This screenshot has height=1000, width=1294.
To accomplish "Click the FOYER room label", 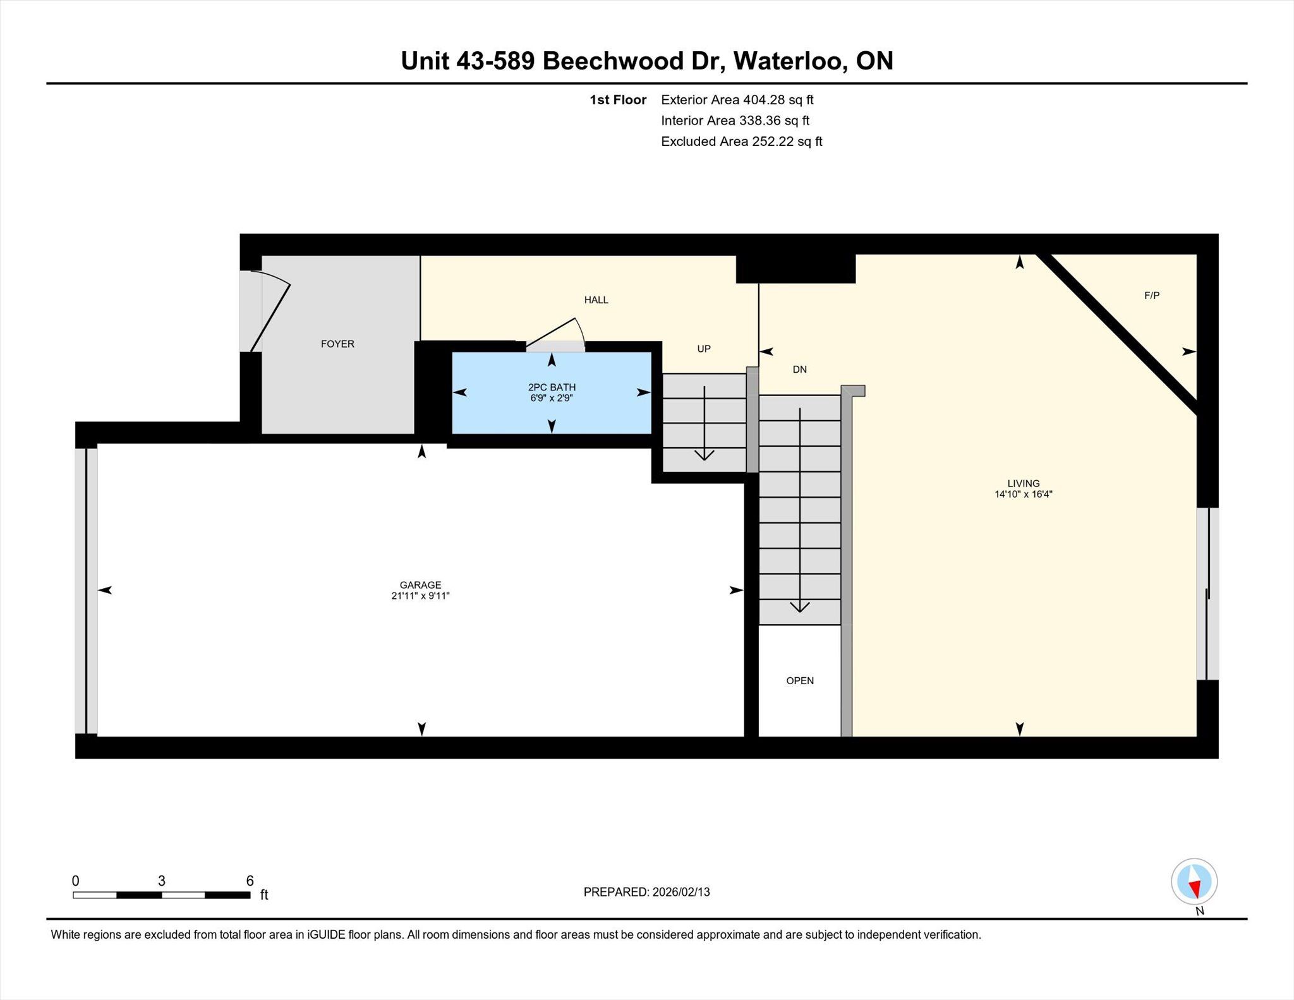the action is point(337,344).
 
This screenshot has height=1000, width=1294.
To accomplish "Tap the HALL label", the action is point(596,300).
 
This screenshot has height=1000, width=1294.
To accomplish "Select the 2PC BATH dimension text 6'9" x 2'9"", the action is point(552,398).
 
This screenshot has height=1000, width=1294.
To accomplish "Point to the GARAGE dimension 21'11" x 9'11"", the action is point(420,596).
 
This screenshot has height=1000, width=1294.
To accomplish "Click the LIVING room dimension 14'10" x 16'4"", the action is point(1024,495).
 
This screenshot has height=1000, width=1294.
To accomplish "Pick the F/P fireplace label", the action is point(1152,295).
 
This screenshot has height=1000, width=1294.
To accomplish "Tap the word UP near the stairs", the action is point(704,349).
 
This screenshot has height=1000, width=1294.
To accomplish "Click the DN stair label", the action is point(800,370).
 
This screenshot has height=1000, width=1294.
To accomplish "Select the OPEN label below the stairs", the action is point(800,680).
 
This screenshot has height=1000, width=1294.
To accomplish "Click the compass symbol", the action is point(1194,882).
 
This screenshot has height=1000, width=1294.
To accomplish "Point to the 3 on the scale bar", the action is point(162,881).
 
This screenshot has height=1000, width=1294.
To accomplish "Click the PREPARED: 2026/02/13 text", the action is point(646,892).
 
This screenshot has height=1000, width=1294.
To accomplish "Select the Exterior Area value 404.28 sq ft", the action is point(778,100).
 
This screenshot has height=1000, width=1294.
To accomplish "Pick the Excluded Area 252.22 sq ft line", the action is point(742,142).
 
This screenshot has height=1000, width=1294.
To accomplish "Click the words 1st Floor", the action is point(618,100).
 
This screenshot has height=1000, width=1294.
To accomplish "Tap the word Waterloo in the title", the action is point(787,61).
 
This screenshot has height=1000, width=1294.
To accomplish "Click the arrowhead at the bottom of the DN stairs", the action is point(800,607).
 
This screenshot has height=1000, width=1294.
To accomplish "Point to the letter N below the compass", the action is point(1200,911).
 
